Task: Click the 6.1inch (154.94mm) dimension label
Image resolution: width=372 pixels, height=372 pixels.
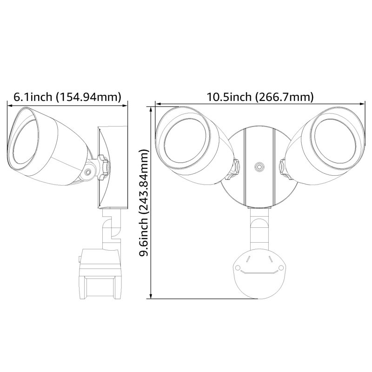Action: (x=67, y=97)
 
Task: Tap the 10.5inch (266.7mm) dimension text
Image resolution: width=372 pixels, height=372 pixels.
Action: (x=260, y=97)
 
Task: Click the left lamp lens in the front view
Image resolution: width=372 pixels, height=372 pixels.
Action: (x=185, y=142)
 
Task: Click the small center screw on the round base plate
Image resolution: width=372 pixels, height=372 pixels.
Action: (x=259, y=166)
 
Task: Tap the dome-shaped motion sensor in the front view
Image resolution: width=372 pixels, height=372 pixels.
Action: (x=258, y=274)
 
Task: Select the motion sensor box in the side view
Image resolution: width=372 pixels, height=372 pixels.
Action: (x=100, y=273)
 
